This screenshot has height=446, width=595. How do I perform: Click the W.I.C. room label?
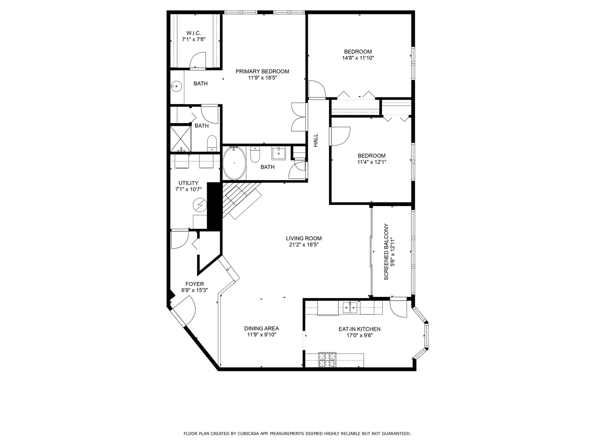click(194, 33)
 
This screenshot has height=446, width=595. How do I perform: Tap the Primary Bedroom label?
click(262, 71)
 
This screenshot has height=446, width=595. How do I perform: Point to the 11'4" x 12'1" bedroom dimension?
click(371, 162)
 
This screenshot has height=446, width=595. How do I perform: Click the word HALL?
click(316, 140)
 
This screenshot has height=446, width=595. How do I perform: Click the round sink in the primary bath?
click(176, 86)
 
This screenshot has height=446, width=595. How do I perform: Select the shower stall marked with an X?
click(181, 138)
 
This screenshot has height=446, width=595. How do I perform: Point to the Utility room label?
click(188, 183)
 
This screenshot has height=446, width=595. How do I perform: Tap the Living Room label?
click(304, 238)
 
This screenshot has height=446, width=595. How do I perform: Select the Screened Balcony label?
click(386, 252)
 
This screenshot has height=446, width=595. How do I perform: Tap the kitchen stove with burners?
click(327, 360)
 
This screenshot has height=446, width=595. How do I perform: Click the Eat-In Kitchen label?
click(359, 329)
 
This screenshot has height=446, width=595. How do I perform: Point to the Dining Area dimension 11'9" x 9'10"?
click(262, 335)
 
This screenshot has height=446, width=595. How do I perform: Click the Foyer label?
click(195, 284)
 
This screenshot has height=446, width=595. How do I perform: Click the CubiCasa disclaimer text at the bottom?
click(297, 434)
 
